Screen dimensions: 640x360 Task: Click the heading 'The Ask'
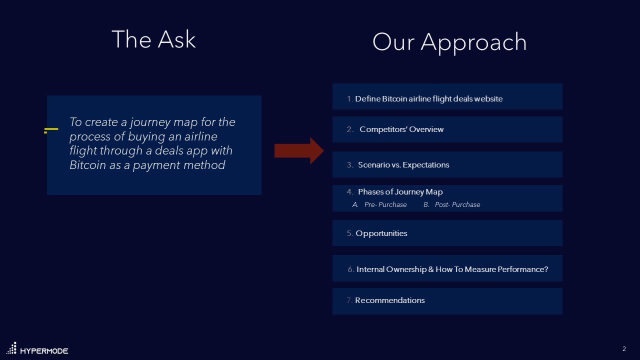pyautogui.click(x=153, y=39)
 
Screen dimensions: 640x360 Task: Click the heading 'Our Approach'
pyautogui.click(x=449, y=43)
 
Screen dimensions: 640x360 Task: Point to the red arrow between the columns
pyautogui.click(x=299, y=150)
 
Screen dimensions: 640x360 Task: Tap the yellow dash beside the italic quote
pyautogui.click(x=51, y=130)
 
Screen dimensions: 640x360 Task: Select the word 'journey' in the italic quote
pyautogui.click(x=150, y=122)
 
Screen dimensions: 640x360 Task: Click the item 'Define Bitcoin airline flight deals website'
pyautogui.click(x=429, y=98)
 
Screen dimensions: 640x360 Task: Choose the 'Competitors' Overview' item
pyautogui.click(x=401, y=129)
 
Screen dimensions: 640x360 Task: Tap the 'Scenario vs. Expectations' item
pyautogui.click(x=403, y=165)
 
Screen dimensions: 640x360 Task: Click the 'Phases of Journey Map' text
pyautogui.click(x=400, y=191)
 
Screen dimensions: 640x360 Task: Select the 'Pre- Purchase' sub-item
pyautogui.click(x=385, y=204)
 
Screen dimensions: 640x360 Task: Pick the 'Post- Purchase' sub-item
pyautogui.click(x=457, y=204)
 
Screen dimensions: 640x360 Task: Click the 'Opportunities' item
pyautogui.click(x=381, y=233)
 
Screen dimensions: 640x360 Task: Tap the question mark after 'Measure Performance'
pyautogui.click(x=546, y=269)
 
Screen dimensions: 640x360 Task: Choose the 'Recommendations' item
pyautogui.click(x=389, y=300)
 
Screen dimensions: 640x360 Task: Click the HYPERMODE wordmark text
pyautogui.click(x=44, y=351)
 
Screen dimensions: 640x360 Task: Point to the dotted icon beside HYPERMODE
pyautogui.click(x=11, y=348)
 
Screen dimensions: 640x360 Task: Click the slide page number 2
pyautogui.click(x=624, y=349)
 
